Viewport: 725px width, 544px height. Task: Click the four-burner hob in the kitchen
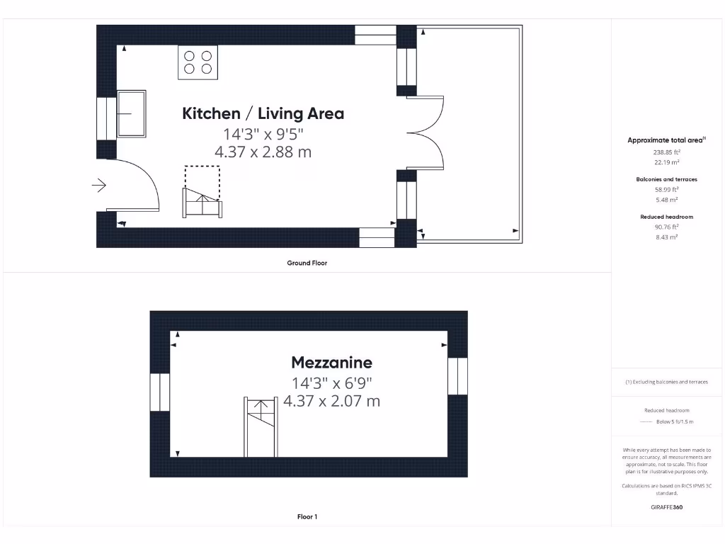(198, 61)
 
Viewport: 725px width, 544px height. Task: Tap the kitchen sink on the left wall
(131, 113)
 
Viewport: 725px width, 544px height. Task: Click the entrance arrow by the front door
(98, 186)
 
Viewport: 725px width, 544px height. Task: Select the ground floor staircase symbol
(203, 202)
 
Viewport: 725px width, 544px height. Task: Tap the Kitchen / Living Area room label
(263, 113)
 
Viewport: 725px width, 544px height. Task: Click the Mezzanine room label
(331, 363)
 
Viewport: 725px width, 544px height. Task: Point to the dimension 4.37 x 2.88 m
(263, 152)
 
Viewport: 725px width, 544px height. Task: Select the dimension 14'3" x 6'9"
(331, 383)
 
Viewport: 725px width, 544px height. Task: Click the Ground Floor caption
(307, 263)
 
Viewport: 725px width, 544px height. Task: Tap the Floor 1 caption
(307, 517)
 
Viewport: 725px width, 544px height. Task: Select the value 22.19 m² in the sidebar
(666, 162)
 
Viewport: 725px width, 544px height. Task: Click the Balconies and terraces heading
(666, 179)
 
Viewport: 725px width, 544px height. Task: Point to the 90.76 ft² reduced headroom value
(666, 227)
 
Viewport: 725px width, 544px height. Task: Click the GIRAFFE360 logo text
(666, 507)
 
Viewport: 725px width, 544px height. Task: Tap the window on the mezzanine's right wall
(458, 375)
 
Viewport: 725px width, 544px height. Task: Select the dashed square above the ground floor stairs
(202, 176)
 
